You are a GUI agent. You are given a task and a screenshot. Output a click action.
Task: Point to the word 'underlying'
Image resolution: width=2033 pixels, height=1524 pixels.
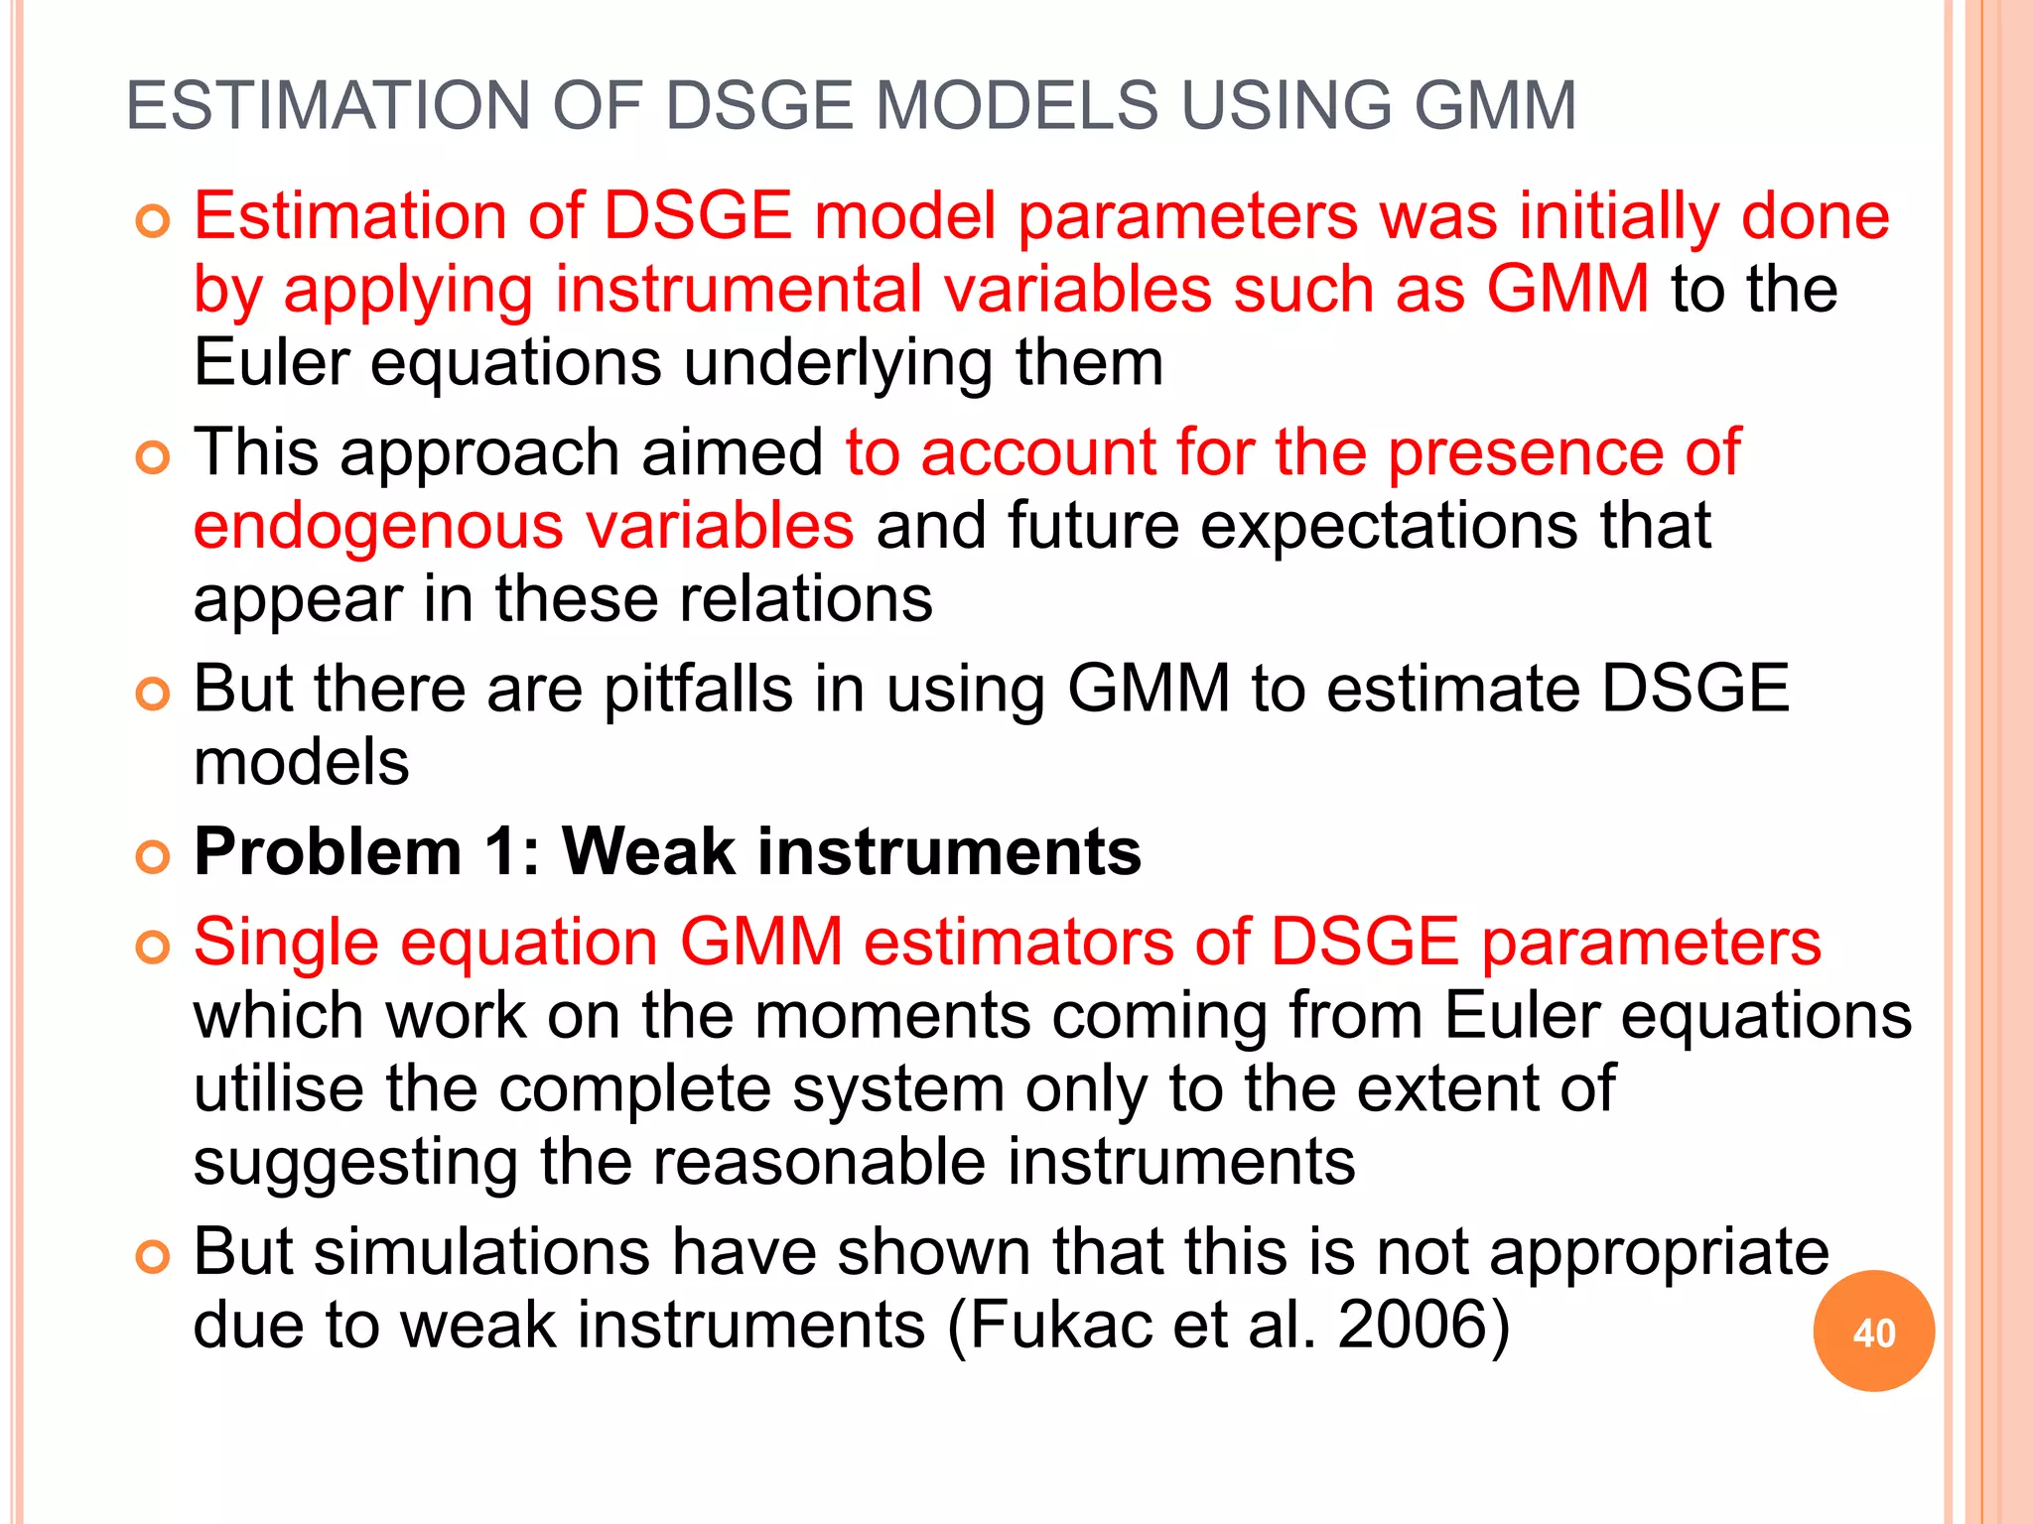pos(838,363)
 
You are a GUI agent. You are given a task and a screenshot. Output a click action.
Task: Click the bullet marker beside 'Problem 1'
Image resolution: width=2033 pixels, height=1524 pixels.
pos(153,855)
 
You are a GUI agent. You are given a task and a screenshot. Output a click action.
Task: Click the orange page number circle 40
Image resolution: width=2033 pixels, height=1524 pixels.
pos(1873,1332)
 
